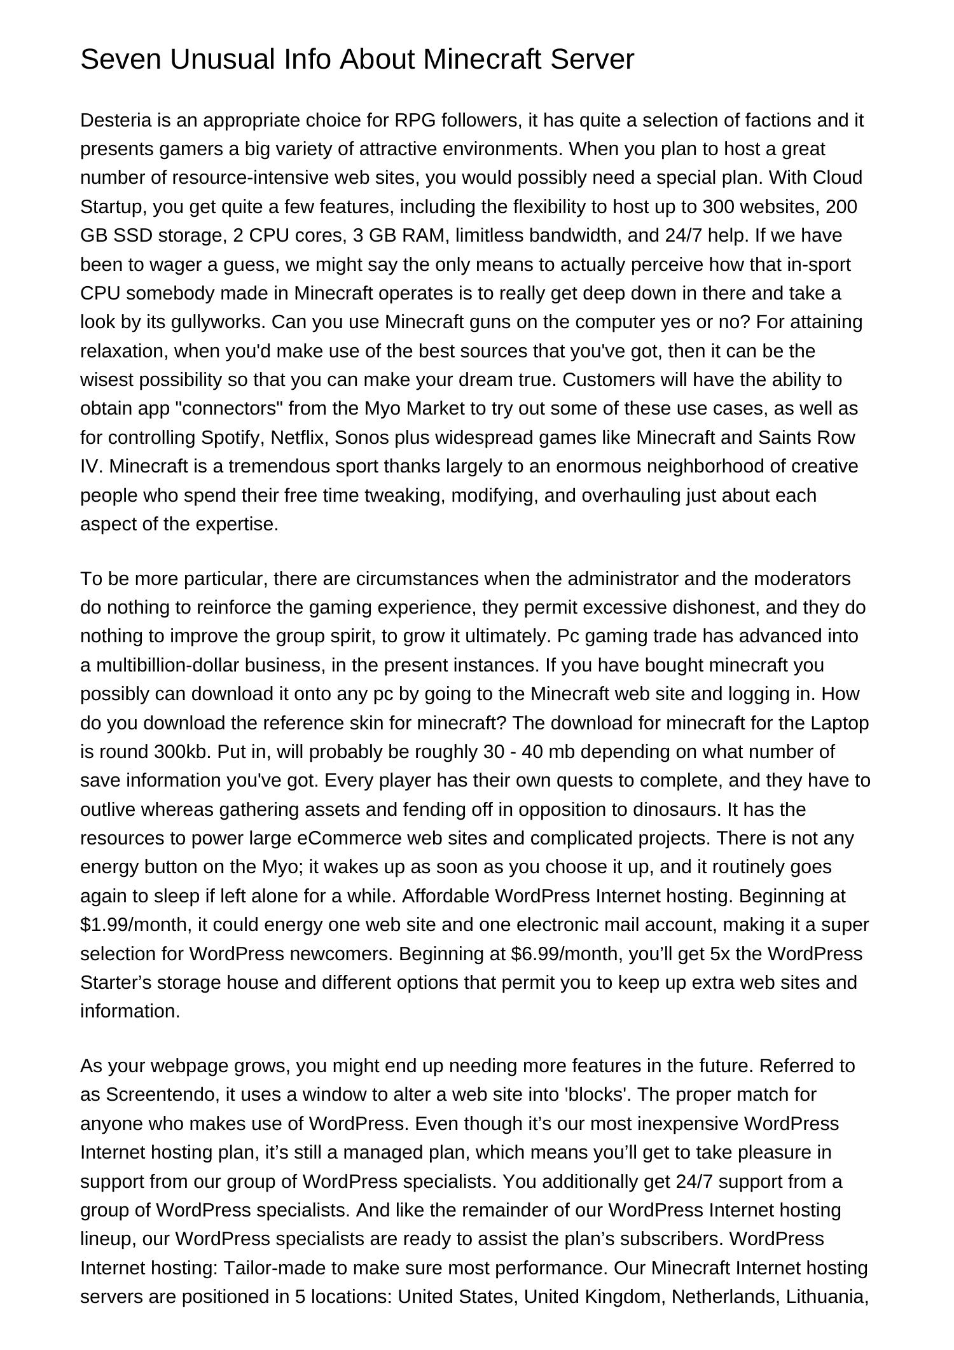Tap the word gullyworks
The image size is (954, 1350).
pyautogui.click(x=218, y=322)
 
